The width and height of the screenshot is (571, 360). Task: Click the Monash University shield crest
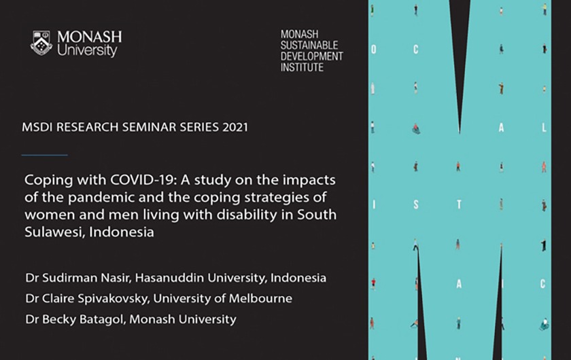pyautogui.click(x=41, y=43)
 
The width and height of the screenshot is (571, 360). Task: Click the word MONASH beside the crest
pyautogui.click(x=89, y=37)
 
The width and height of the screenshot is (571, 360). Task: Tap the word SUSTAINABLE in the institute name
pyautogui.click(x=309, y=45)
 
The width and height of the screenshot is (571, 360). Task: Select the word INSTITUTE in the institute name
pyautogui.click(x=302, y=67)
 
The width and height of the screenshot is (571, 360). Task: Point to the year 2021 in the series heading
pyautogui.click(x=235, y=127)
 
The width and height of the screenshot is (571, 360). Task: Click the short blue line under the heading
pyautogui.click(x=44, y=155)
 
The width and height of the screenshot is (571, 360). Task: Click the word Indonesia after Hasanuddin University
pyautogui.click(x=298, y=278)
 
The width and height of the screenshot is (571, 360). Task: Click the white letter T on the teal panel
pyautogui.click(x=460, y=205)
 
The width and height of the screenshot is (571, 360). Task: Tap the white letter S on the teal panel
pyautogui.click(x=416, y=205)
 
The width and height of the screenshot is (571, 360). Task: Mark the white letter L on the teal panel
pyautogui.click(x=544, y=128)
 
